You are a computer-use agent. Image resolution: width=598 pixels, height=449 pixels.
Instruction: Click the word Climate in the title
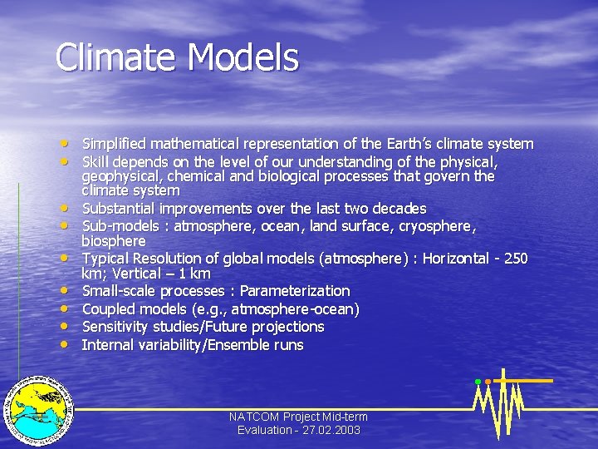pos(117,58)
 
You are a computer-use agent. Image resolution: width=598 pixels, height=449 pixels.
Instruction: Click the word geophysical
pos(120,176)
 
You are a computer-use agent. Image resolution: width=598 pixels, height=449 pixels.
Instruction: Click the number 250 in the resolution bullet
pos(515,259)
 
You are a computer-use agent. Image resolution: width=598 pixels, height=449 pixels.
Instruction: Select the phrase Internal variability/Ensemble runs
pos(193,345)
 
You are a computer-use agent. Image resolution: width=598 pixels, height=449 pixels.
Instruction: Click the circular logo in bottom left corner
pos(37,407)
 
